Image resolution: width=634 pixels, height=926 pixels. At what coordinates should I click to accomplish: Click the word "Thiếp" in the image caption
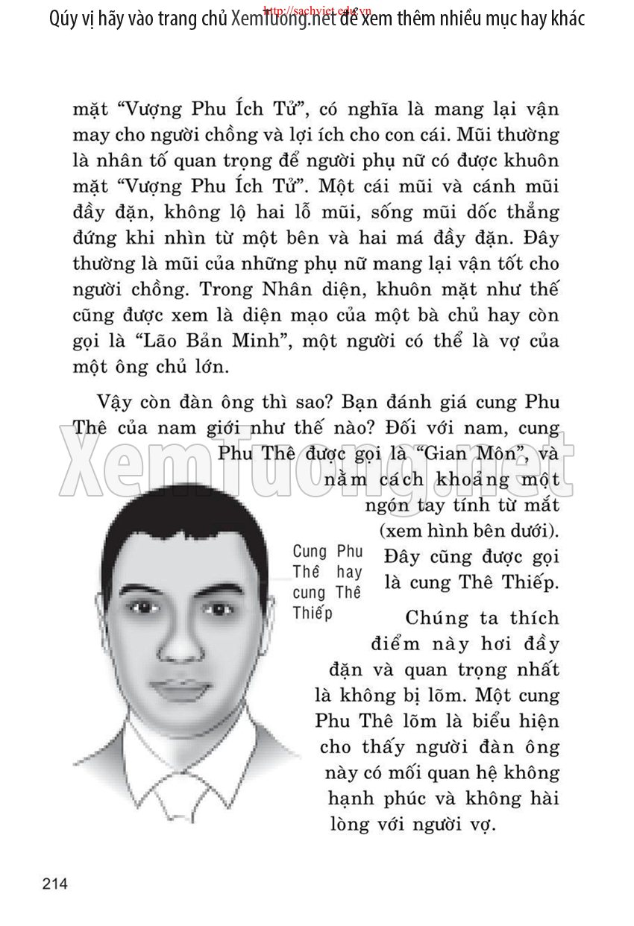click(x=312, y=613)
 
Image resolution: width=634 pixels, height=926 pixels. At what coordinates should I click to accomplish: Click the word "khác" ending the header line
click(x=562, y=19)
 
